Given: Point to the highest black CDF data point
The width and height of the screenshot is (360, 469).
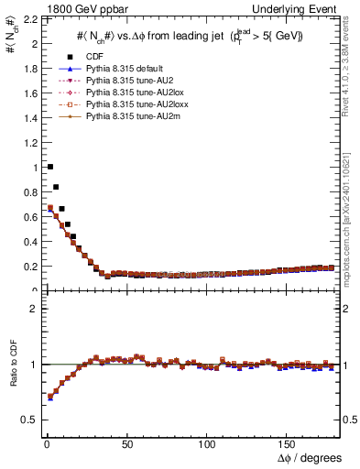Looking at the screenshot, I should click(x=49, y=167).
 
